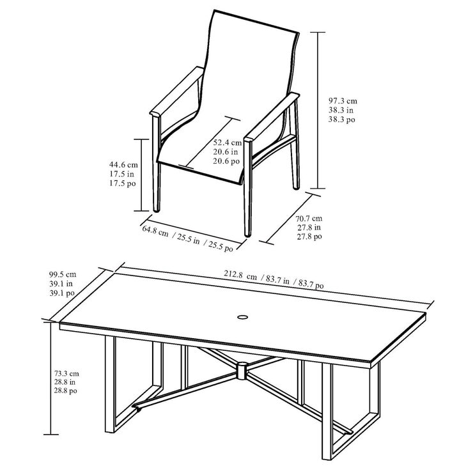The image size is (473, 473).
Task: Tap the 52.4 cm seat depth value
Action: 228,142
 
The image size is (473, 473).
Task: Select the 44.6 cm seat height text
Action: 122,164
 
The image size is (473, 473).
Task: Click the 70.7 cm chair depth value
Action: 308,218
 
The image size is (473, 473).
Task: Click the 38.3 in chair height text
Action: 339,110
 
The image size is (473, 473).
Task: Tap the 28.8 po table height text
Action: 65,390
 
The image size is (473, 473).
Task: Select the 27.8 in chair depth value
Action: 308,227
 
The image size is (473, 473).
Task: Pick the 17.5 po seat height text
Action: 122,183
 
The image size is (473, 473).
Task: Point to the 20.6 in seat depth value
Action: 226,151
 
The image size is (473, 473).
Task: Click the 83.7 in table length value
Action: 278,280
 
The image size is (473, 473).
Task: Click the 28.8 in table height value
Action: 65,382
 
